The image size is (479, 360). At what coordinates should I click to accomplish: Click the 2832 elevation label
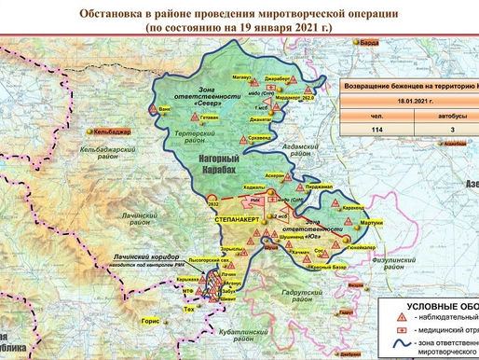[x=212, y=204]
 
